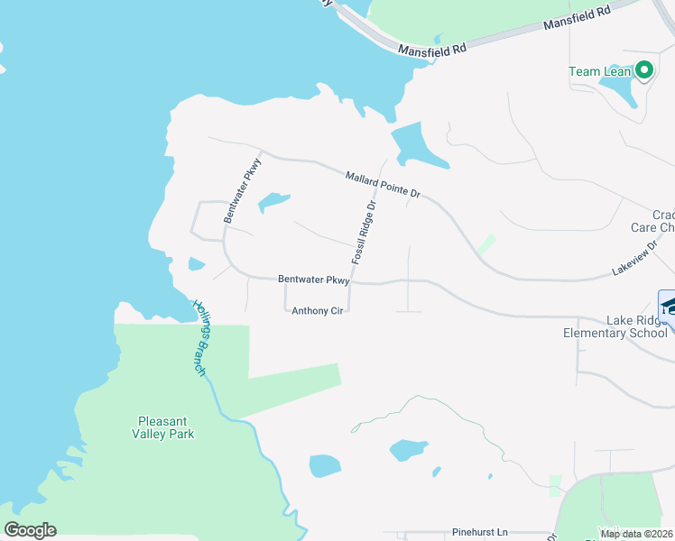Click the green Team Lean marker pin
pos(643,70)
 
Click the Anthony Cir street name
pos(317,311)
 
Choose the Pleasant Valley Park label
pos(166,426)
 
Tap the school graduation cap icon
pos(669,307)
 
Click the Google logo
pos(30,530)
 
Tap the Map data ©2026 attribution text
pos(636,534)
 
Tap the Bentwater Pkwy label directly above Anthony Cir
pos(313,280)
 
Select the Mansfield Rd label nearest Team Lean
pos(578,19)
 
